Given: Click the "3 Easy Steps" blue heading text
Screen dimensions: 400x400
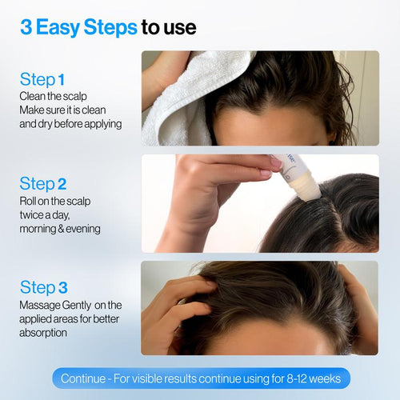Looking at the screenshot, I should (78, 27).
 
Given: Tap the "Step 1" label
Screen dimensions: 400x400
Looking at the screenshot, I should (42, 79).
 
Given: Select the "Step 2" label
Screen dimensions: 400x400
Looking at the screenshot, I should (43, 184).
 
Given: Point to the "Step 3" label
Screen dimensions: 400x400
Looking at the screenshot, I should (43, 287).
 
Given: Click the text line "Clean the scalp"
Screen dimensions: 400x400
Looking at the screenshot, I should (53, 96).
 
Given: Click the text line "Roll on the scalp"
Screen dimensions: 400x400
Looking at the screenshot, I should (57, 201).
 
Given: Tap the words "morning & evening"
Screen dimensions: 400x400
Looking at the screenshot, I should (60, 229).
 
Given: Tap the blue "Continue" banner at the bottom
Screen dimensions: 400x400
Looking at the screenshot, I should (200, 378).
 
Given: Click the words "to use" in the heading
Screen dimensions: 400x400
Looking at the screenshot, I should (169, 27).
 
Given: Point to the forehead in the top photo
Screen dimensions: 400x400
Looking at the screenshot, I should (264, 128).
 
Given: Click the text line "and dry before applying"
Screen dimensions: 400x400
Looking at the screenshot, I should (70, 124).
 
